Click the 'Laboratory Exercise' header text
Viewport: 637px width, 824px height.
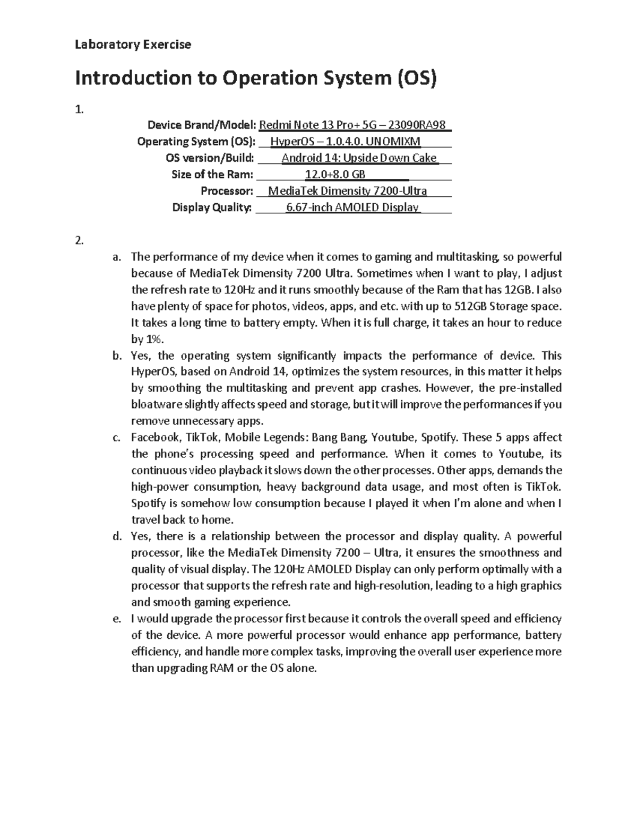point(133,45)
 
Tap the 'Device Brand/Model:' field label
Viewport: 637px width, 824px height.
point(202,125)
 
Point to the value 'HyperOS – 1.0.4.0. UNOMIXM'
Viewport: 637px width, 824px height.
point(346,142)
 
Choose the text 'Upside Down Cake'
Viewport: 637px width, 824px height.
point(390,158)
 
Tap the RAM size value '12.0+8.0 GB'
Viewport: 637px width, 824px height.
point(335,175)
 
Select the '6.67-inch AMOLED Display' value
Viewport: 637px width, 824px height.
point(353,207)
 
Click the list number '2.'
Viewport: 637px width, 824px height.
point(80,240)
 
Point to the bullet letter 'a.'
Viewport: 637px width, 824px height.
point(117,257)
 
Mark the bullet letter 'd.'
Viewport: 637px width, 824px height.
point(117,536)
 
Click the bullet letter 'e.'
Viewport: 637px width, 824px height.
point(117,619)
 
